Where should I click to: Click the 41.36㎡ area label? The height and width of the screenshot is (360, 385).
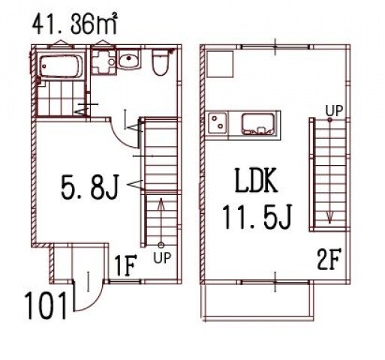click(74, 24)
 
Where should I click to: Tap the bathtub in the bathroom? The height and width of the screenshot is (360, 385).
click(61, 66)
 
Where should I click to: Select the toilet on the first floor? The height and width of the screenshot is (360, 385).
click(161, 62)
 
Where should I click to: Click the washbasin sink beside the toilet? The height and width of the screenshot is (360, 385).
click(128, 59)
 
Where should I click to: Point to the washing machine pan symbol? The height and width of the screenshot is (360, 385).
click(104, 61)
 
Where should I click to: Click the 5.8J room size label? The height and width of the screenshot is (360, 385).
click(89, 186)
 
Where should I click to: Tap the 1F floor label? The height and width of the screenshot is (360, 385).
click(125, 265)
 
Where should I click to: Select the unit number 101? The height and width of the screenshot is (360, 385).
click(47, 306)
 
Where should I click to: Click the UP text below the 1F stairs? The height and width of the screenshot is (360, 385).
click(162, 258)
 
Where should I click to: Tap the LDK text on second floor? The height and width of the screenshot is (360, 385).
click(256, 180)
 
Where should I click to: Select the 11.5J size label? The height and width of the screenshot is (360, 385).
click(257, 217)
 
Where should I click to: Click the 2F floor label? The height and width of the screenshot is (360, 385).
click(329, 260)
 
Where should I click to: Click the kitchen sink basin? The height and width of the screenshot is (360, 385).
click(257, 124)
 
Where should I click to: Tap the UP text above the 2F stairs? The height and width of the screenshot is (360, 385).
click(334, 110)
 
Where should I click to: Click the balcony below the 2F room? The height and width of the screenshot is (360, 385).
click(257, 301)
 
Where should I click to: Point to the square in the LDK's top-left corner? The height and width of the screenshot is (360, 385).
click(220, 64)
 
